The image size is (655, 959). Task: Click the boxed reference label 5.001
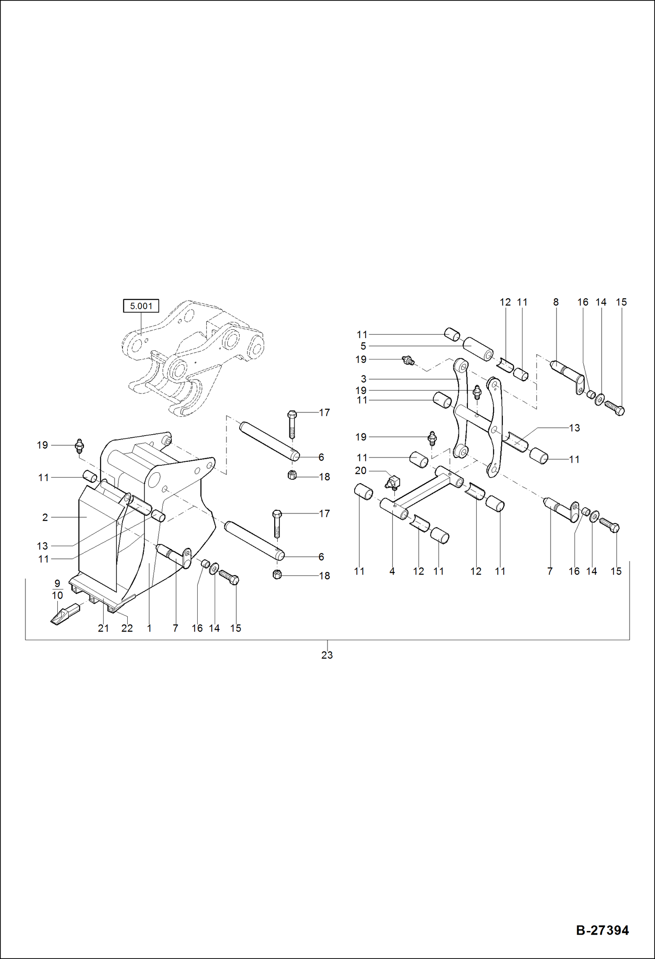(141, 306)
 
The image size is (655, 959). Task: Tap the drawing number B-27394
(602, 930)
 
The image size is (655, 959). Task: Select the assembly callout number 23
(327, 655)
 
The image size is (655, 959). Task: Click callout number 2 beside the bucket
(45, 517)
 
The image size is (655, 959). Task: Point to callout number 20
(361, 471)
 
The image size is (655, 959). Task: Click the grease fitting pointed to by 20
(392, 482)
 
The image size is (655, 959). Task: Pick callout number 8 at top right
(556, 302)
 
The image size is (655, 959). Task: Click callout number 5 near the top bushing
(363, 346)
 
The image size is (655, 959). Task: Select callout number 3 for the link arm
(363, 379)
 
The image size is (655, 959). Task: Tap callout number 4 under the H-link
(392, 571)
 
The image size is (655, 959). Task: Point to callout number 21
(103, 628)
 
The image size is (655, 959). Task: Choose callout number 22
(127, 628)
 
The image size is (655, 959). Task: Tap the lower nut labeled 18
(277, 575)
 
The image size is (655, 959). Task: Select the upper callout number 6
(321, 457)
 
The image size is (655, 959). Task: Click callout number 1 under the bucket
(149, 628)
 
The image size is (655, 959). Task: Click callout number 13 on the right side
(574, 428)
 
